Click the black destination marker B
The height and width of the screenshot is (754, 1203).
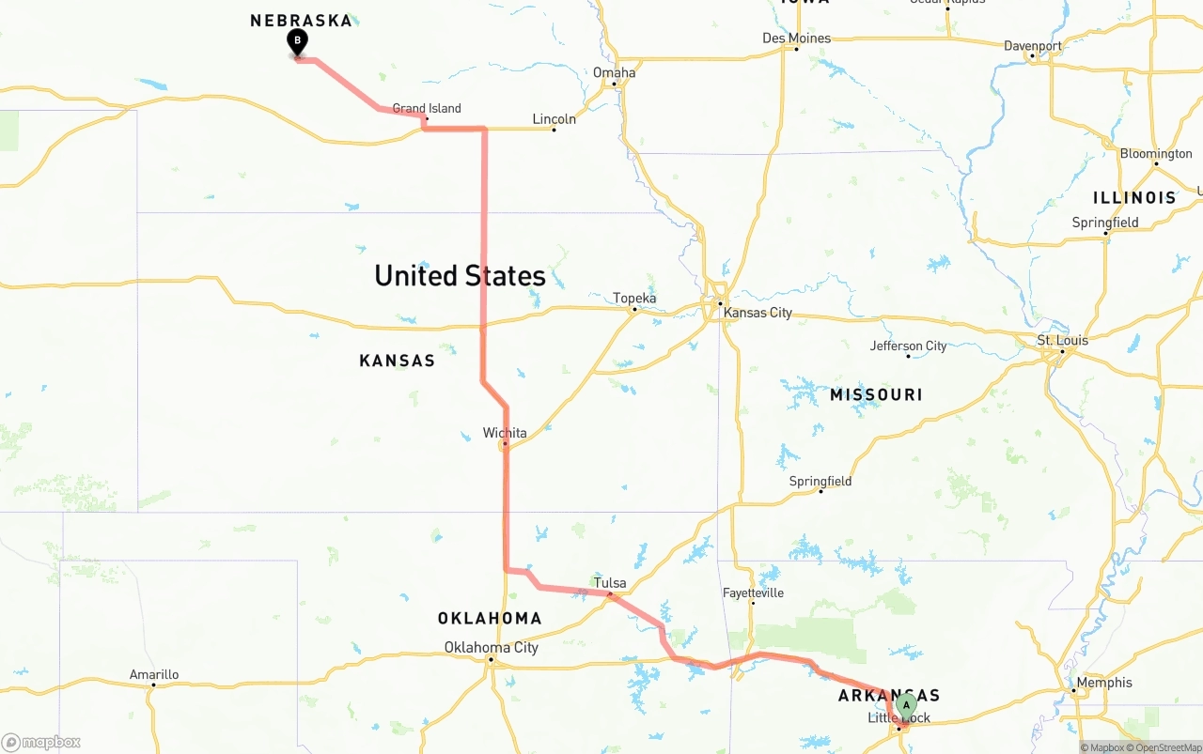tap(297, 42)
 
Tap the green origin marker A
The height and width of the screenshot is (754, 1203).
tap(906, 705)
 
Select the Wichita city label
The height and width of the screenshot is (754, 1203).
tap(505, 433)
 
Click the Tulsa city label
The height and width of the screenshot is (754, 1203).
tap(610, 583)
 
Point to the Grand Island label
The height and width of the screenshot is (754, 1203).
tap(427, 108)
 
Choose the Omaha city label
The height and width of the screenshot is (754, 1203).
tap(614, 72)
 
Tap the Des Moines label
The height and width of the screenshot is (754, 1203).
tap(796, 38)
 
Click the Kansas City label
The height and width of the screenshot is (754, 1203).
tap(758, 313)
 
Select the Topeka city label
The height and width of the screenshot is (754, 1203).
tap(634, 299)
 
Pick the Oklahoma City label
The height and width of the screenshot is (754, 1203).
tap(492, 647)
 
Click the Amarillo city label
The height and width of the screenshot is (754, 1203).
tap(154, 674)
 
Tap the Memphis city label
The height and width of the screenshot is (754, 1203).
tap(1105, 683)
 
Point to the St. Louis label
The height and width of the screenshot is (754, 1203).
tap(1062, 340)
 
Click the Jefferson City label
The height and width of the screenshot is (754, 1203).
tap(908, 346)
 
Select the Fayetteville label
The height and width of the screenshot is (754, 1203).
tap(753, 593)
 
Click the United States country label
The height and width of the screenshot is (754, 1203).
tap(460, 276)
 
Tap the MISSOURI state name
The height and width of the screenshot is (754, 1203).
tap(876, 395)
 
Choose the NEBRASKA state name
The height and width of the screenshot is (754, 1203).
tap(301, 21)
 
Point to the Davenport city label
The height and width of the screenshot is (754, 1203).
tap(1032, 45)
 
